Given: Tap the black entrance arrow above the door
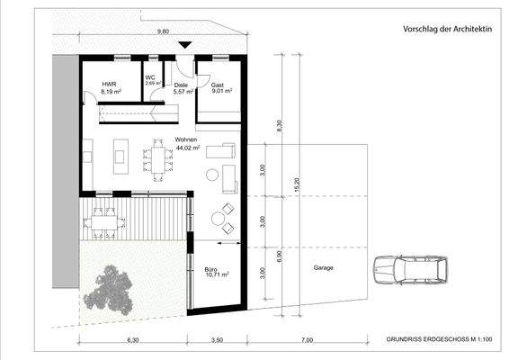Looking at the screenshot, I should [185, 45].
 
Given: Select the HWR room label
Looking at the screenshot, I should [110, 87].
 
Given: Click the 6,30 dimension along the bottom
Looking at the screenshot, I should [133, 342].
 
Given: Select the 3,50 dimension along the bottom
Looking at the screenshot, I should [217, 342].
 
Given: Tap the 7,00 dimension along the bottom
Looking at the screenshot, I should [307, 342].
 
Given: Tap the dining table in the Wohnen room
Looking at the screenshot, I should [160, 160].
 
